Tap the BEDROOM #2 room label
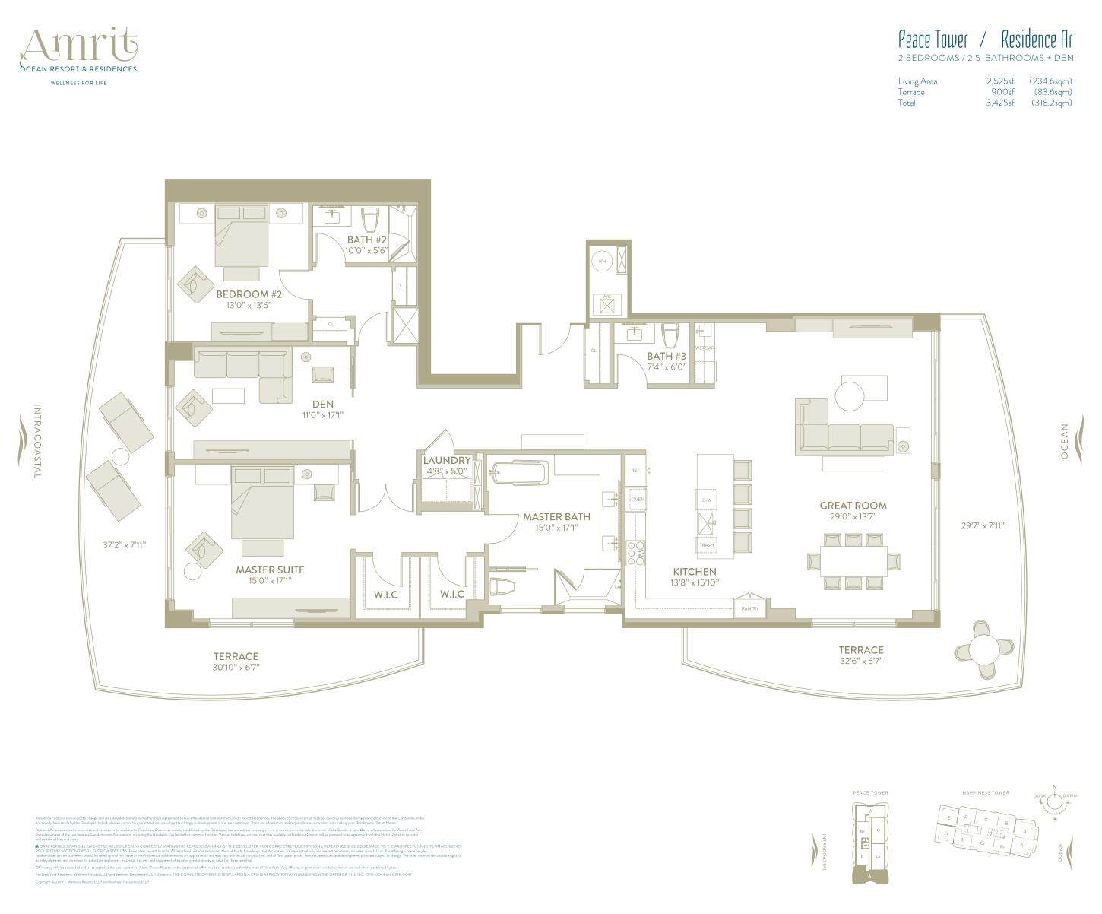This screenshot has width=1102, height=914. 249,294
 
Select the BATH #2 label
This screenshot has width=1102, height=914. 366,240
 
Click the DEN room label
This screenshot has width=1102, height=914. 322,405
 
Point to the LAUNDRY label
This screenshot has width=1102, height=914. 447,461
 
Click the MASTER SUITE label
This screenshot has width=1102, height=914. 270,570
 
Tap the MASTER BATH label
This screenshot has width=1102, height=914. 556,517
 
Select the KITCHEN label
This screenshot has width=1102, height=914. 695,572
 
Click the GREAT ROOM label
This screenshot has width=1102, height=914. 853,506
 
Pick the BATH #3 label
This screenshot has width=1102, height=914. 667,356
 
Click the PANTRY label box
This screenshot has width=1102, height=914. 749,608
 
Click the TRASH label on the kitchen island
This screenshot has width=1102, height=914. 706,545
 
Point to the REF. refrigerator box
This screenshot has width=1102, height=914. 636,471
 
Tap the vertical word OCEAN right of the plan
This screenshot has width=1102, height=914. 1065,441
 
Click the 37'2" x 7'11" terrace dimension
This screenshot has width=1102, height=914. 125,544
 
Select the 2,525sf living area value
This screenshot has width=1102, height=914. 1000,81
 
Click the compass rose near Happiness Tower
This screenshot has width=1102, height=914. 1054,801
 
